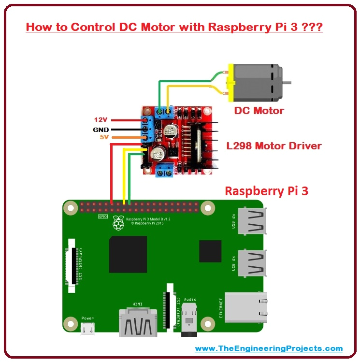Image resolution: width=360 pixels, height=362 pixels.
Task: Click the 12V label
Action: pos(101,119)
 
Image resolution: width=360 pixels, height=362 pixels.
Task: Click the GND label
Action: pos(101,129)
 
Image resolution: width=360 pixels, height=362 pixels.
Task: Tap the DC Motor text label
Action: pos(259,111)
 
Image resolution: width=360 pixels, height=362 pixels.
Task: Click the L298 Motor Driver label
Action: pos(274,145)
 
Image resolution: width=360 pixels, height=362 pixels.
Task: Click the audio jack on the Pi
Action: pos(190,320)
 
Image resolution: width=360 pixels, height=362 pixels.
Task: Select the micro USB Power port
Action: pos(87,329)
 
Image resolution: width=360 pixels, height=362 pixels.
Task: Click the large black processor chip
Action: pos(128,254)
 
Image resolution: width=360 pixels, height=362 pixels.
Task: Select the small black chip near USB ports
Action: pos(210,251)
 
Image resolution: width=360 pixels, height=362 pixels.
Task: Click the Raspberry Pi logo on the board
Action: pos(117,223)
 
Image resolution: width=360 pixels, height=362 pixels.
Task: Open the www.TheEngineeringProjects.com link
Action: pos(269,348)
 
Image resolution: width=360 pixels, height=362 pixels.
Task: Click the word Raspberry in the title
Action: pos(231,27)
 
